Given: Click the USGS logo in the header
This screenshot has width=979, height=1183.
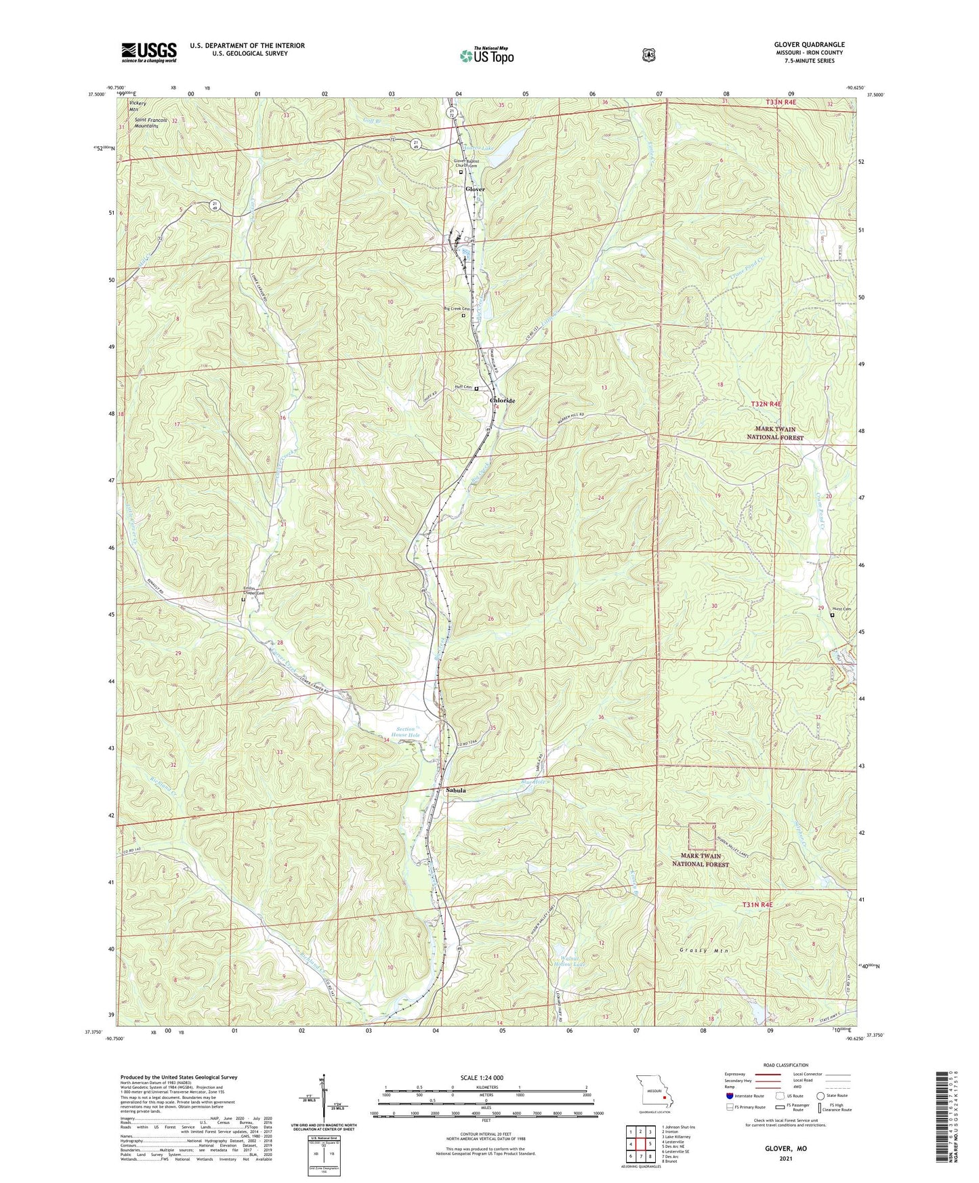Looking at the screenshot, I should [x=148, y=52].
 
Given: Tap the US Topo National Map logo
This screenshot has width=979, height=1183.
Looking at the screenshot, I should [x=486, y=56].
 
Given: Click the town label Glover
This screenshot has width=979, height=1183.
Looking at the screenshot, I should [x=475, y=189].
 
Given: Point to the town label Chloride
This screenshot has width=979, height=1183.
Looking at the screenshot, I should [x=502, y=400].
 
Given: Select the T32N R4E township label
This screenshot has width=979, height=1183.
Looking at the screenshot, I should [x=766, y=404].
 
